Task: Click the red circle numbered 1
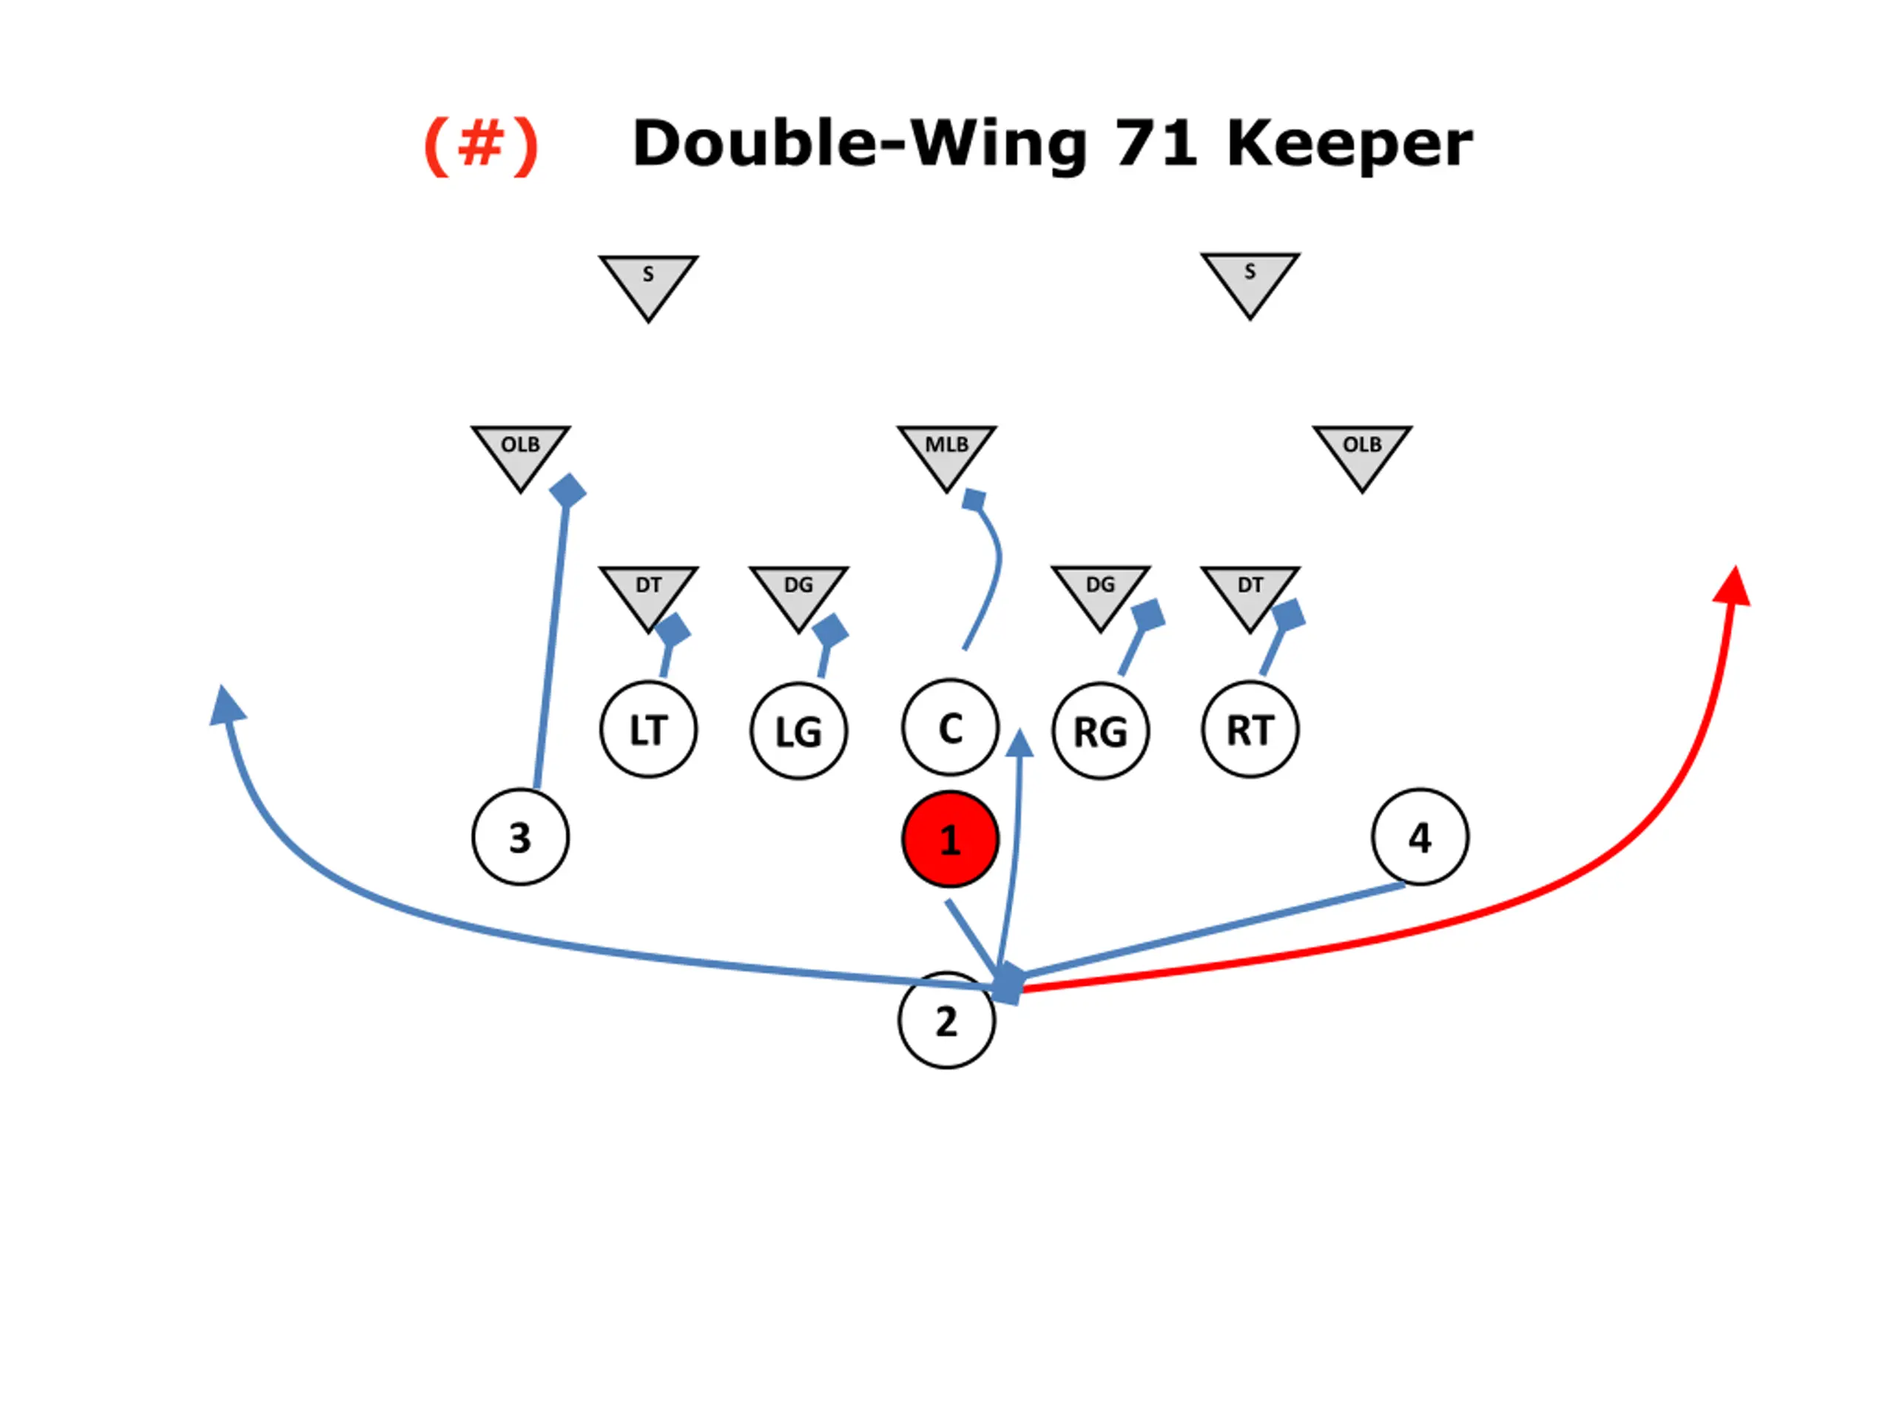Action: tap(949, 839)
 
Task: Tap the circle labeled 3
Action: tap(519, 837)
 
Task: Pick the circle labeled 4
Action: tap(1420, 837)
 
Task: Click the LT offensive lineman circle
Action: tap(648, 730)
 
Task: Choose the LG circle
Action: tap(798, 731)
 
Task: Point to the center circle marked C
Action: tap(949, 728)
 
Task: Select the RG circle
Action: tap(1100, 731)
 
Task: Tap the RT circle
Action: tap(1250, 730)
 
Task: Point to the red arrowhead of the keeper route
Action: tap(1733, 588)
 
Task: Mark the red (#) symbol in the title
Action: tap(481, 146)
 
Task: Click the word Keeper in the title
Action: tap(1349, 144)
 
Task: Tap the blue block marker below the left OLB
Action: tap(567, 491)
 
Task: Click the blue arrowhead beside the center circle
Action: tap(1019, 744)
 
